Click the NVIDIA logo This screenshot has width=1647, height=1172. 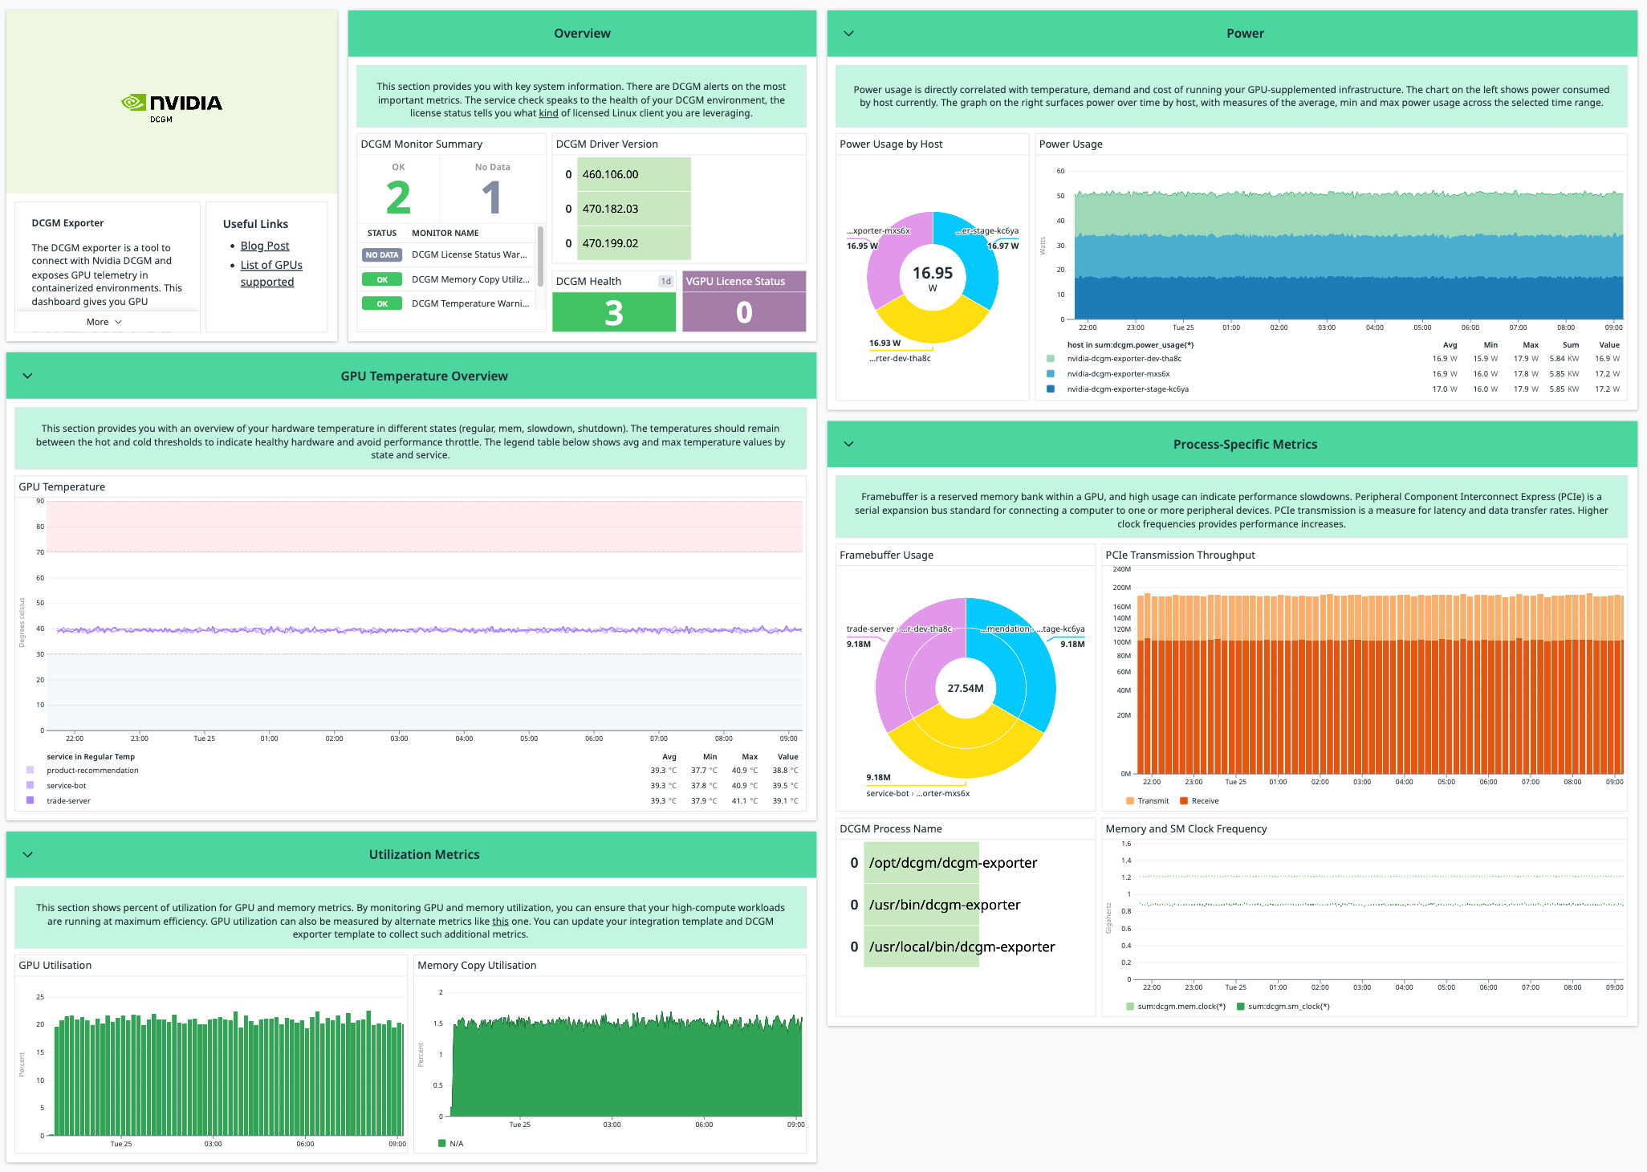tap(172, 104)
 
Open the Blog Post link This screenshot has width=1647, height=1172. tap(265, 246)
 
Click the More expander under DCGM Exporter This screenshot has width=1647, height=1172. tap(104, 322)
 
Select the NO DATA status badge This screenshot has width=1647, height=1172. tap(382, 255)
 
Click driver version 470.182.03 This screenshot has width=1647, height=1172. tap(610, 209)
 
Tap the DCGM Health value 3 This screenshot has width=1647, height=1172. tap(614, 313)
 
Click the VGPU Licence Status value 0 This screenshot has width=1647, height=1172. tap(744, 313)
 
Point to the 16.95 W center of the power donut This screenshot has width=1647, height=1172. tap(933, 277)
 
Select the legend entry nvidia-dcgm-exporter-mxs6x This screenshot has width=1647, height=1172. tap(1118, 374)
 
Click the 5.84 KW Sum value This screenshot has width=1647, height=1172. tap(1564, 359)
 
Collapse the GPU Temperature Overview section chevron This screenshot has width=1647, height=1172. tap(28, 376)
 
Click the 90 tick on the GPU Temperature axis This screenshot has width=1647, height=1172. tap(40, 501)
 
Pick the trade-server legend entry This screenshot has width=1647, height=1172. tap(68, 801)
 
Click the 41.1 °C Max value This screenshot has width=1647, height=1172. tap(744, 801)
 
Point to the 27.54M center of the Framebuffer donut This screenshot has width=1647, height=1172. tap(966, 689)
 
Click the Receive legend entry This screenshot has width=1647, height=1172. tap(1205, 801)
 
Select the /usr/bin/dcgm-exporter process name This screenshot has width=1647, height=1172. tap(945, 905)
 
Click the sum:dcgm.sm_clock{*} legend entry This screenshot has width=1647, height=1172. tap(1288, 1007)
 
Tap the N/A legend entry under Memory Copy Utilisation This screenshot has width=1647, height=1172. tap(456, 1144)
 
